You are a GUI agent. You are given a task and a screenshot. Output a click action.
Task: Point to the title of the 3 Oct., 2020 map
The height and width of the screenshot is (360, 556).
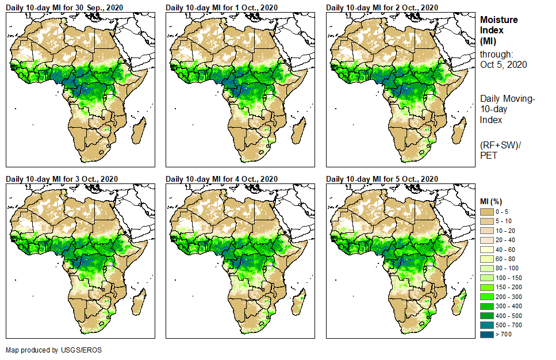[62, 179]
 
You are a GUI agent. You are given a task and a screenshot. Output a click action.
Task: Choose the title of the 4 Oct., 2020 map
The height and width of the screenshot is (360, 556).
[221, 179]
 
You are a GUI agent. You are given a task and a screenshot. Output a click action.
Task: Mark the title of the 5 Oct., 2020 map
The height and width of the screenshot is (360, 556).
[382, 179]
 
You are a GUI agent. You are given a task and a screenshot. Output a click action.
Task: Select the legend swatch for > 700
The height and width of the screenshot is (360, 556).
[486, 334]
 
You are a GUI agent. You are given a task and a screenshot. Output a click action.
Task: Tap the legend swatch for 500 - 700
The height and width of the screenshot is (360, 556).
[486, 324]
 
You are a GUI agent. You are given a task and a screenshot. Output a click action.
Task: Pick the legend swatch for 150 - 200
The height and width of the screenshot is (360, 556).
[486, 287]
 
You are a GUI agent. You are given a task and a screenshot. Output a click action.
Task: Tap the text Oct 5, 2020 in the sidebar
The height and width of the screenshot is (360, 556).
[504, 64]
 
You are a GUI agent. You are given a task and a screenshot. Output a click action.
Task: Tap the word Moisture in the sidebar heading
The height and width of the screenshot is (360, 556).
[499, 20]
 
